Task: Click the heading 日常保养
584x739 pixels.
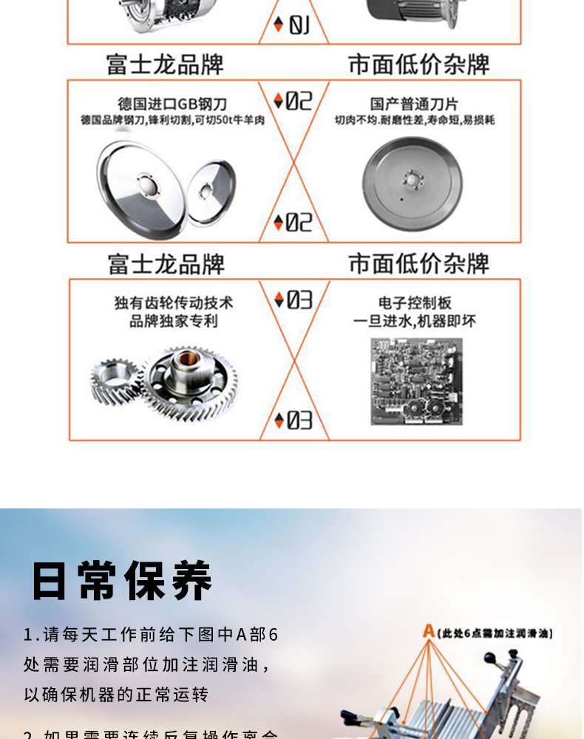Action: click(122, 581)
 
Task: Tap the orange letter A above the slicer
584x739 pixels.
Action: click(429, 631)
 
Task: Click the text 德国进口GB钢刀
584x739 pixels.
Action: click(173, 103)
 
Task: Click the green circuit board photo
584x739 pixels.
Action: click(416, 381)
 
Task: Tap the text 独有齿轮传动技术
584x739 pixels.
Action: click(174, 303)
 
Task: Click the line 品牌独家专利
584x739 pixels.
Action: click(174, 321)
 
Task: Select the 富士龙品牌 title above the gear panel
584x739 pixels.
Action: click(166, 265)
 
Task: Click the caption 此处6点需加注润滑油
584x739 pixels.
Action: click(495, 633)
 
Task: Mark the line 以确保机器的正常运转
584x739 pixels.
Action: click(116, 695)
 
